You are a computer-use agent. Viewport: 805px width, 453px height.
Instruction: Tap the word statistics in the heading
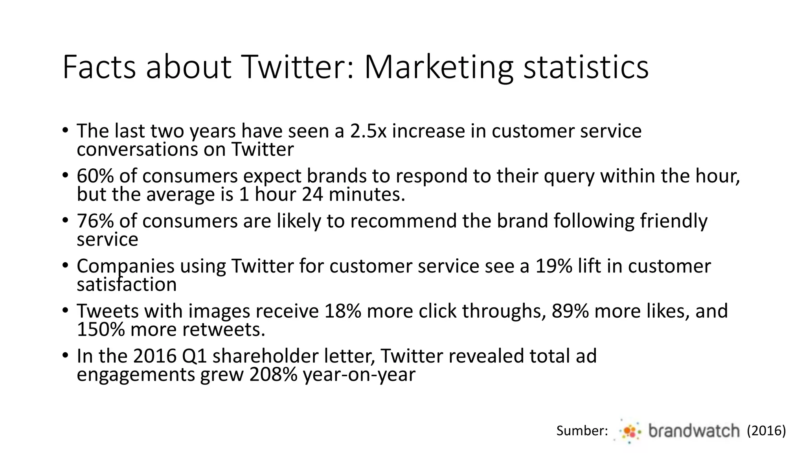click(586, 68)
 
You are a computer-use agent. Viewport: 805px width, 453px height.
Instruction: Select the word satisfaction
click(127, 285)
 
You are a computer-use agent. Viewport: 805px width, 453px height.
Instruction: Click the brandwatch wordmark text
click(694, 431)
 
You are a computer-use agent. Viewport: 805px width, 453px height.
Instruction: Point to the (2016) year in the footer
click(766, 431)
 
